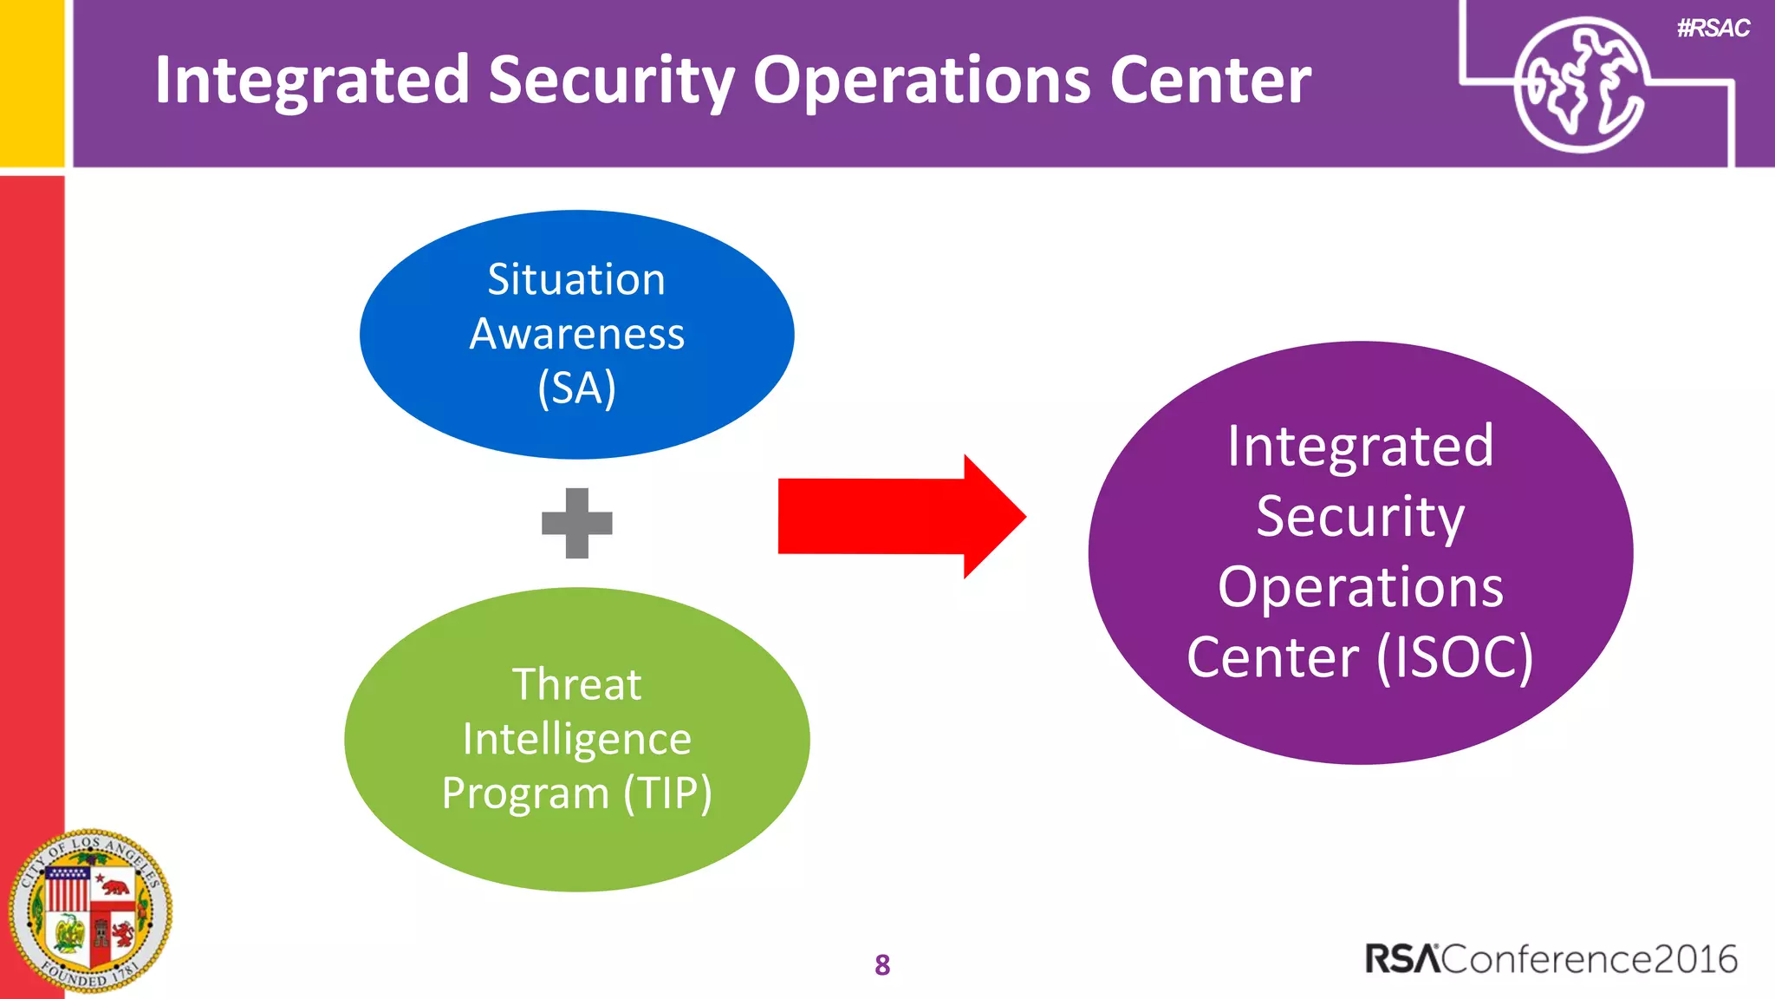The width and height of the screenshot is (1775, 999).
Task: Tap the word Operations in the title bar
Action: coord(921,81)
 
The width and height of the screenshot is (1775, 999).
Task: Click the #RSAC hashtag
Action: coord(1713,29)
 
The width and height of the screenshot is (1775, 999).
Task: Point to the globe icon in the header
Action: coord(1579,85)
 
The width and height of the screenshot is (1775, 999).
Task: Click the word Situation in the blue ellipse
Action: coord(576,280)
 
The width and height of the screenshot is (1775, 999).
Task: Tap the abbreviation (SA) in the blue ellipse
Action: coord(576,388)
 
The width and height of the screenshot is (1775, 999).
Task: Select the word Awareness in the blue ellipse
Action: coord(576,334)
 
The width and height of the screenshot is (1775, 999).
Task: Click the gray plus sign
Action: coord(577,523)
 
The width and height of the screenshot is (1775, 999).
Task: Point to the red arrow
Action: coord(901,516)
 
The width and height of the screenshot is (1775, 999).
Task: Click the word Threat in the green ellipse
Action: coord(576,684)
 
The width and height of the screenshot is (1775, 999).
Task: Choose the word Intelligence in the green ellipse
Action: coord(576,739)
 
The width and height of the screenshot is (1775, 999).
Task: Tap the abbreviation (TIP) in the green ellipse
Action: coord(667,793)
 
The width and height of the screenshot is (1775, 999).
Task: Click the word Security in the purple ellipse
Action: coord(1360,516)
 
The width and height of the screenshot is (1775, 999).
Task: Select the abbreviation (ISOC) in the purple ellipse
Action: coord(1455,656)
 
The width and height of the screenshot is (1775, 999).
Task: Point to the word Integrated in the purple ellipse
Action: coord(1360,447)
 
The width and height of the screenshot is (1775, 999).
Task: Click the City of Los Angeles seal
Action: coord(90,911)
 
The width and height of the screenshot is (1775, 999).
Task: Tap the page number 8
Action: coord(882,964)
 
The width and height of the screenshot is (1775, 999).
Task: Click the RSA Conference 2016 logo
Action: coord(1551,959)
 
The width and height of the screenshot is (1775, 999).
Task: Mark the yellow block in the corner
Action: coord(32,82)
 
